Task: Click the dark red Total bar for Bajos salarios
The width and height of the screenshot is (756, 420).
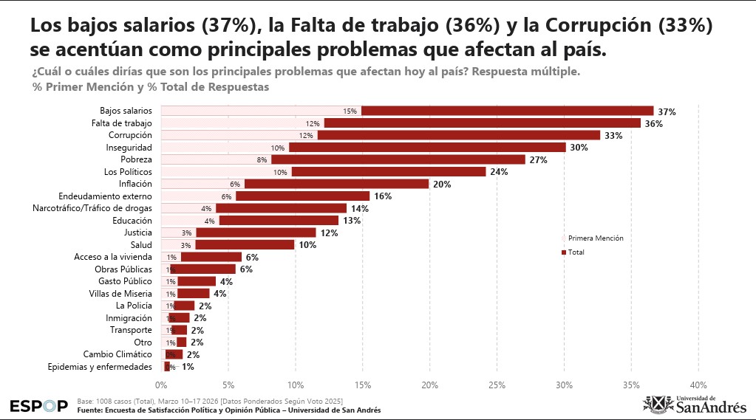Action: click(x=507, y=111)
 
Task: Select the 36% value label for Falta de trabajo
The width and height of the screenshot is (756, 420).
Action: click(x=653, y=124)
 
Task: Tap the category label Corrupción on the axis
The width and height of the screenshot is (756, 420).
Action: click(x=130, y=136)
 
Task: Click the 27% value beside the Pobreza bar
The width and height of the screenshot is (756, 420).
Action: click(x=537, y=160)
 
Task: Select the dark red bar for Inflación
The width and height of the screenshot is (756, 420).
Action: click(x=336, y=184)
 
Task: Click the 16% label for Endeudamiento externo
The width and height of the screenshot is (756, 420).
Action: click(x=383, y=196)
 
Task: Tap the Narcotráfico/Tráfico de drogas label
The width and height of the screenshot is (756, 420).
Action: click(x=92, y=208)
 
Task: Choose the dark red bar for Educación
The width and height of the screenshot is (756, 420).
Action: click(x=279, y=220)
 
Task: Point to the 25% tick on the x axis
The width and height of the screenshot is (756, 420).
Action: click(x=497, y=385)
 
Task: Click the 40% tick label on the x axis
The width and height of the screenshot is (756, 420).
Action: click(x=698, y=385)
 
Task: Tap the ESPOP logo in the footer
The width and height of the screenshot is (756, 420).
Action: click(x=39, y=406)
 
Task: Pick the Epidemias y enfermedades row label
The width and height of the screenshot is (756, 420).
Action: click(x=100, y=366)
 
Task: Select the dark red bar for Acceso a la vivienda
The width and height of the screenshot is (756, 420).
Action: click(x=211, y=257)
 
